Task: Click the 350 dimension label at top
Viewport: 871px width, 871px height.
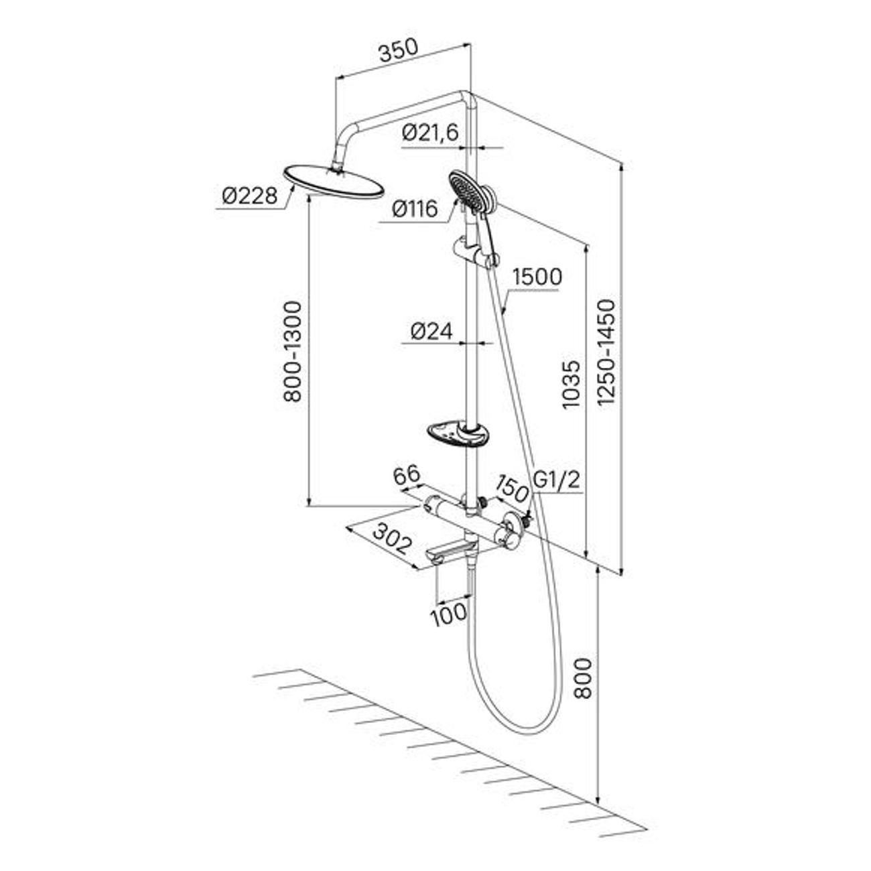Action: [x=398, y=51]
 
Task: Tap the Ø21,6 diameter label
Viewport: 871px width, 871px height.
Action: [x=430, y=133]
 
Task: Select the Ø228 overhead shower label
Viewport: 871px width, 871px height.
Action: [x=250, y=196]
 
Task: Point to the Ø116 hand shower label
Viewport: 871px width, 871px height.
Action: [x=415, y=210]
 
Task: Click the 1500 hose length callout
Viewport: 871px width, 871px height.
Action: [x=536, y=276]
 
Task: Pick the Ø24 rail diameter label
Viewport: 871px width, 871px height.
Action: [x=431, y=330]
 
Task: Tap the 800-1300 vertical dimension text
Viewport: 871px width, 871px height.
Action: [x=292, y=351]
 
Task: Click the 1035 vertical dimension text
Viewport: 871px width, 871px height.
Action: [x=569, y=385]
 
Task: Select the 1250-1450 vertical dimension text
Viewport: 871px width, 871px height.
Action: [x=606, y=352]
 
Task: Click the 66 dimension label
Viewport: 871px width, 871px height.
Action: [x=406, y=476]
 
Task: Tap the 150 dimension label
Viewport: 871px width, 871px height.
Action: [x=513, y=487]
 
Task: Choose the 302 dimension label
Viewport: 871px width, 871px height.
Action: [x=391, y=538]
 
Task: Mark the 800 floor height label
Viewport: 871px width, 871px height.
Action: [x=583, y=678]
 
